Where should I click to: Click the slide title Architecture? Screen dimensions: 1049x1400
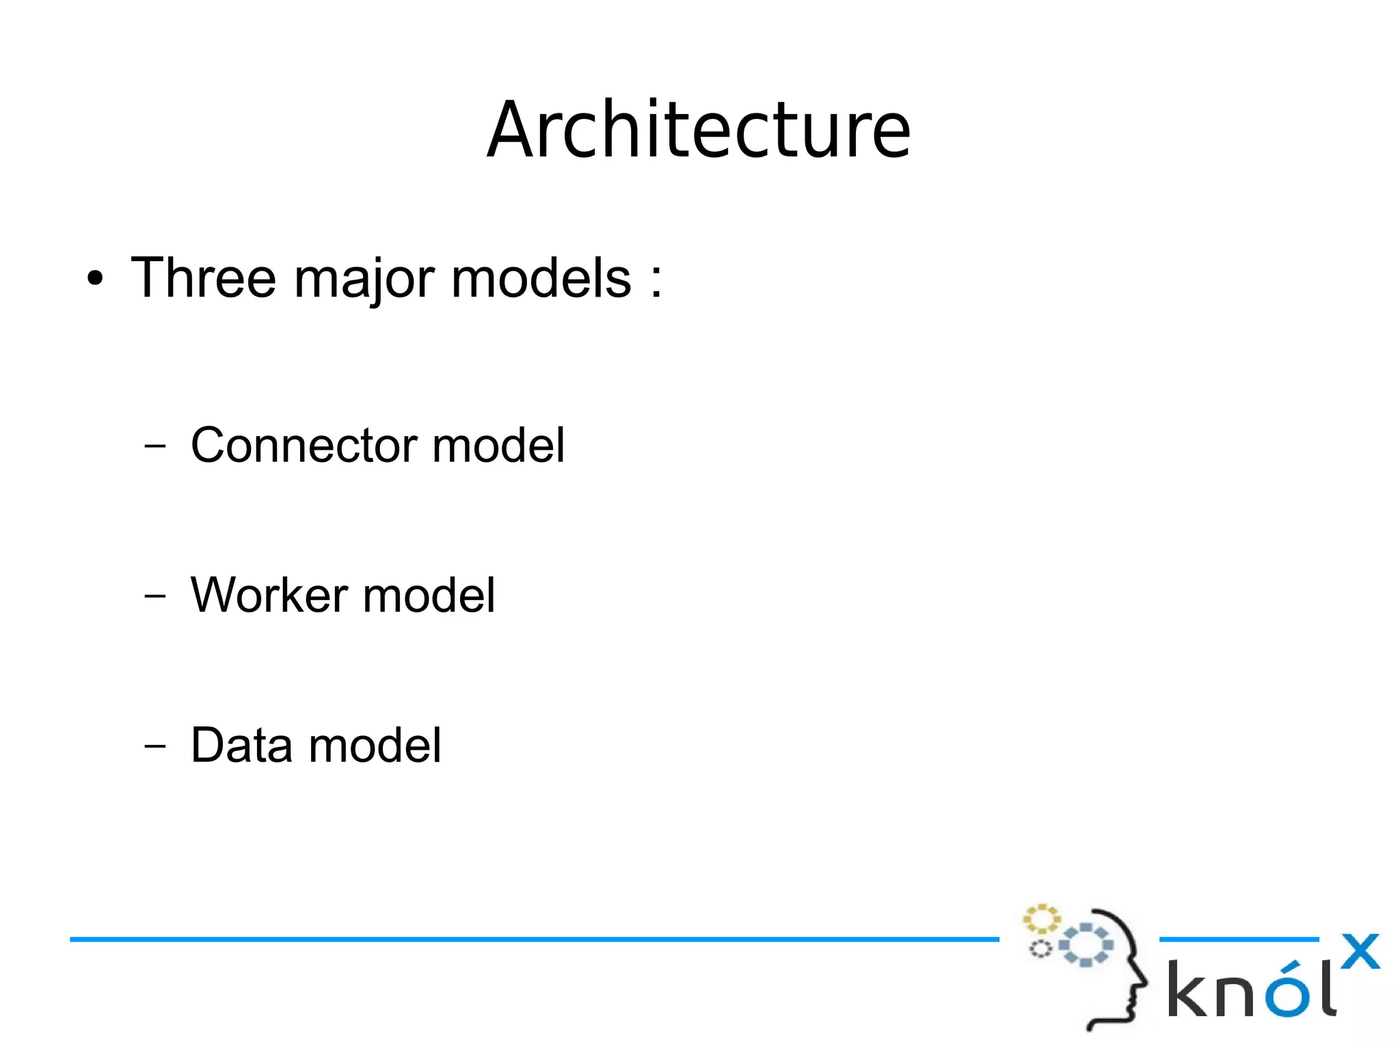[699, 130]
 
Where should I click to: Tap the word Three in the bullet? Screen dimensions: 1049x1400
[203, 278]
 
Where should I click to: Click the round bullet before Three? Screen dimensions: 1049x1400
[95, 280]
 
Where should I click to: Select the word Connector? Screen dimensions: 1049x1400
[304, 446]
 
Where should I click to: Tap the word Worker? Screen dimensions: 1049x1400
[269, 595]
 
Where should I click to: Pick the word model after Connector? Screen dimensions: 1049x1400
[498, 446]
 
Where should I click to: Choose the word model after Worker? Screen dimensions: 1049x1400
[429, 595]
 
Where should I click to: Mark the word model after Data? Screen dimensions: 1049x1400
[375, 745]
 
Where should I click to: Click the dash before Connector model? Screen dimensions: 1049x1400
[155, 446]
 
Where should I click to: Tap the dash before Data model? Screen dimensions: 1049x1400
[155, 745]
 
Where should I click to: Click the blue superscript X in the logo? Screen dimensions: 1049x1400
[1360, 951]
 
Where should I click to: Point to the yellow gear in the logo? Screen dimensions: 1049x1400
[1041, 919]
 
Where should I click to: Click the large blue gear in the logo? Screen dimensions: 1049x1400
[1086, 944]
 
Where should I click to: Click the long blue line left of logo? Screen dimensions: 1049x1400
[533, 940]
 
